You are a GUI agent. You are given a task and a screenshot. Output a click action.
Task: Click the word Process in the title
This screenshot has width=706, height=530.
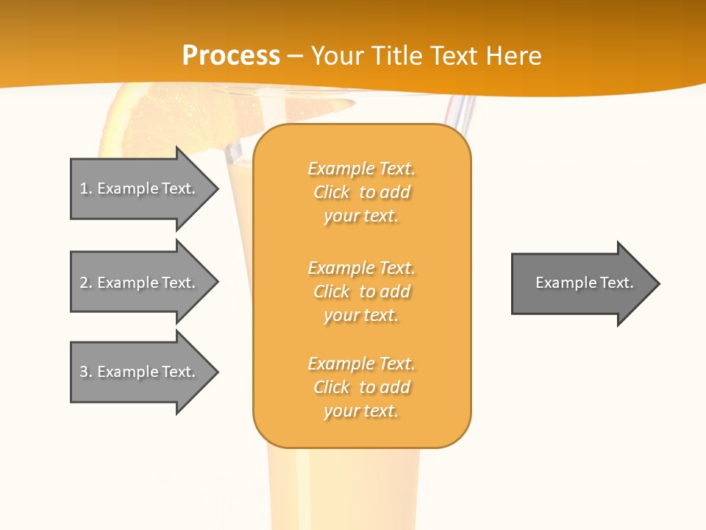[x=231, y=56]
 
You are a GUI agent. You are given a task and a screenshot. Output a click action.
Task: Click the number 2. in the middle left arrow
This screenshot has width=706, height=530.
[x=86, y=283]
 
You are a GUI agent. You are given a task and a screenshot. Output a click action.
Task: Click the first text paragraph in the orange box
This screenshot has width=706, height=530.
[x=361, y=192]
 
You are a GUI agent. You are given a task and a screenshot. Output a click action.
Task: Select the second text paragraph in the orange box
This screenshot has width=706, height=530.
[x=361, y=291]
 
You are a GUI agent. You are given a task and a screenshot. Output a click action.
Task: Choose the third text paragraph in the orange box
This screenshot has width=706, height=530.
[x=361, y=387]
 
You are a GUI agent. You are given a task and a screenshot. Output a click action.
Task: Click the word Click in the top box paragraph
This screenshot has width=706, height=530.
[x=332, y=193]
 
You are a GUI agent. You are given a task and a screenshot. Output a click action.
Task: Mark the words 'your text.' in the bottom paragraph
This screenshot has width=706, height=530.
[x=361, y=411]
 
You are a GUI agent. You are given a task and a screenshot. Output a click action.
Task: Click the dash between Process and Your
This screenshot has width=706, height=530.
[x=296, y=56]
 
